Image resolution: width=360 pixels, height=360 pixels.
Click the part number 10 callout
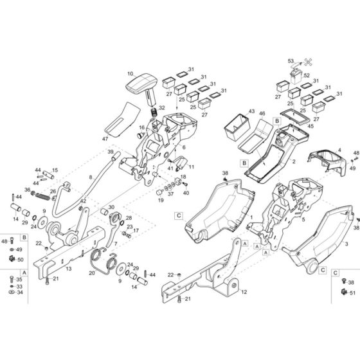pyautogui.click(x=130, y=75)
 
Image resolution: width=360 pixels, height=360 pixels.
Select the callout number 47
pyautogui.click(x=105, y=139)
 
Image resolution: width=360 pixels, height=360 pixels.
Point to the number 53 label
pyautogui.click(x=290, y=61)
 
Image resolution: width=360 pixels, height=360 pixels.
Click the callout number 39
pyautogui.click(x=110, y=152)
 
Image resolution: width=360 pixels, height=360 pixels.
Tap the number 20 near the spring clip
pyautogui.click(x=91, y=273)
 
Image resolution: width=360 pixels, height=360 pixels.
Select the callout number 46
pyautogui.click(x=262, y=114)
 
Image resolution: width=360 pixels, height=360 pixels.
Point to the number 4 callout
pyautogui.click(x=338, y=150)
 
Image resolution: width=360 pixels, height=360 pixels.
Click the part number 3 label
pyautogui.click(x=345, y=245)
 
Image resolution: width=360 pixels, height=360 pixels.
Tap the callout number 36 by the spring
pyautogui.click(x=26, y=189)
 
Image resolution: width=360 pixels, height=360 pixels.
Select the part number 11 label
pyautogui.click(x=191, y=167)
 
